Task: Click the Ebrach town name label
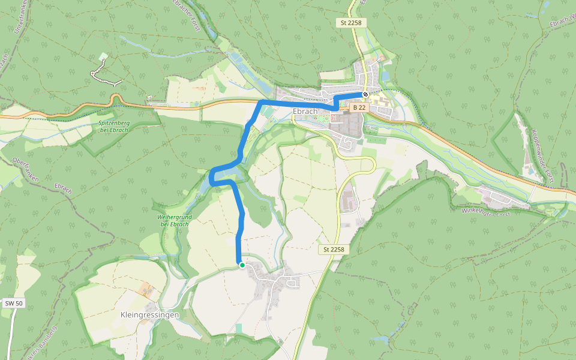[305, 111]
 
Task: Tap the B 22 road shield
[359, 107]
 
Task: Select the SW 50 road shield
[14, 304]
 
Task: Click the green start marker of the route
[242, 265]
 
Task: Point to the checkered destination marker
[365, 94]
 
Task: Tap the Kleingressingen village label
[149, 314]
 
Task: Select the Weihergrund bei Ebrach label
[173, 220]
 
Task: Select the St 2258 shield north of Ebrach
[350, 23]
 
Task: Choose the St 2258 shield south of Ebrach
[333, 249]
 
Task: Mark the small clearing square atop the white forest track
[103, 56]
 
